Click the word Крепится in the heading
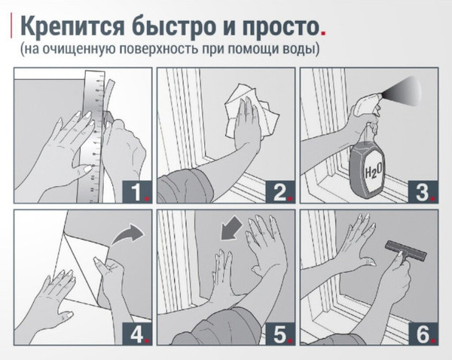point(72,26)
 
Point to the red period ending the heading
point(323,33)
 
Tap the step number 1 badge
point(137,191)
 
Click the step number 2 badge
point(280,191)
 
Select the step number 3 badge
point(423,191)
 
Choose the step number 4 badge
point(137,334)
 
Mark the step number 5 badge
point(280,334)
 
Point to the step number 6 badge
point(423,334)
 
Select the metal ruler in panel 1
point(93,136)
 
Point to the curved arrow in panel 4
point(127,234)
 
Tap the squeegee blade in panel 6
point(406,251)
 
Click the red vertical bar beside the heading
point(11,26)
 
